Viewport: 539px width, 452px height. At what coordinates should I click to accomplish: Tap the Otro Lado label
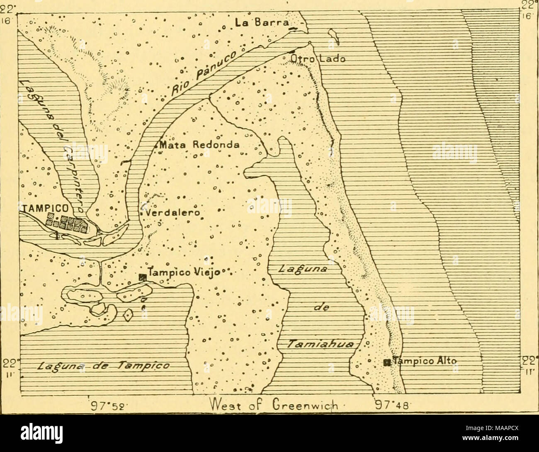click(x=317, y=59)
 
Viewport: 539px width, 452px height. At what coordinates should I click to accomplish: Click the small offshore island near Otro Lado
click(x=334, y=36)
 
